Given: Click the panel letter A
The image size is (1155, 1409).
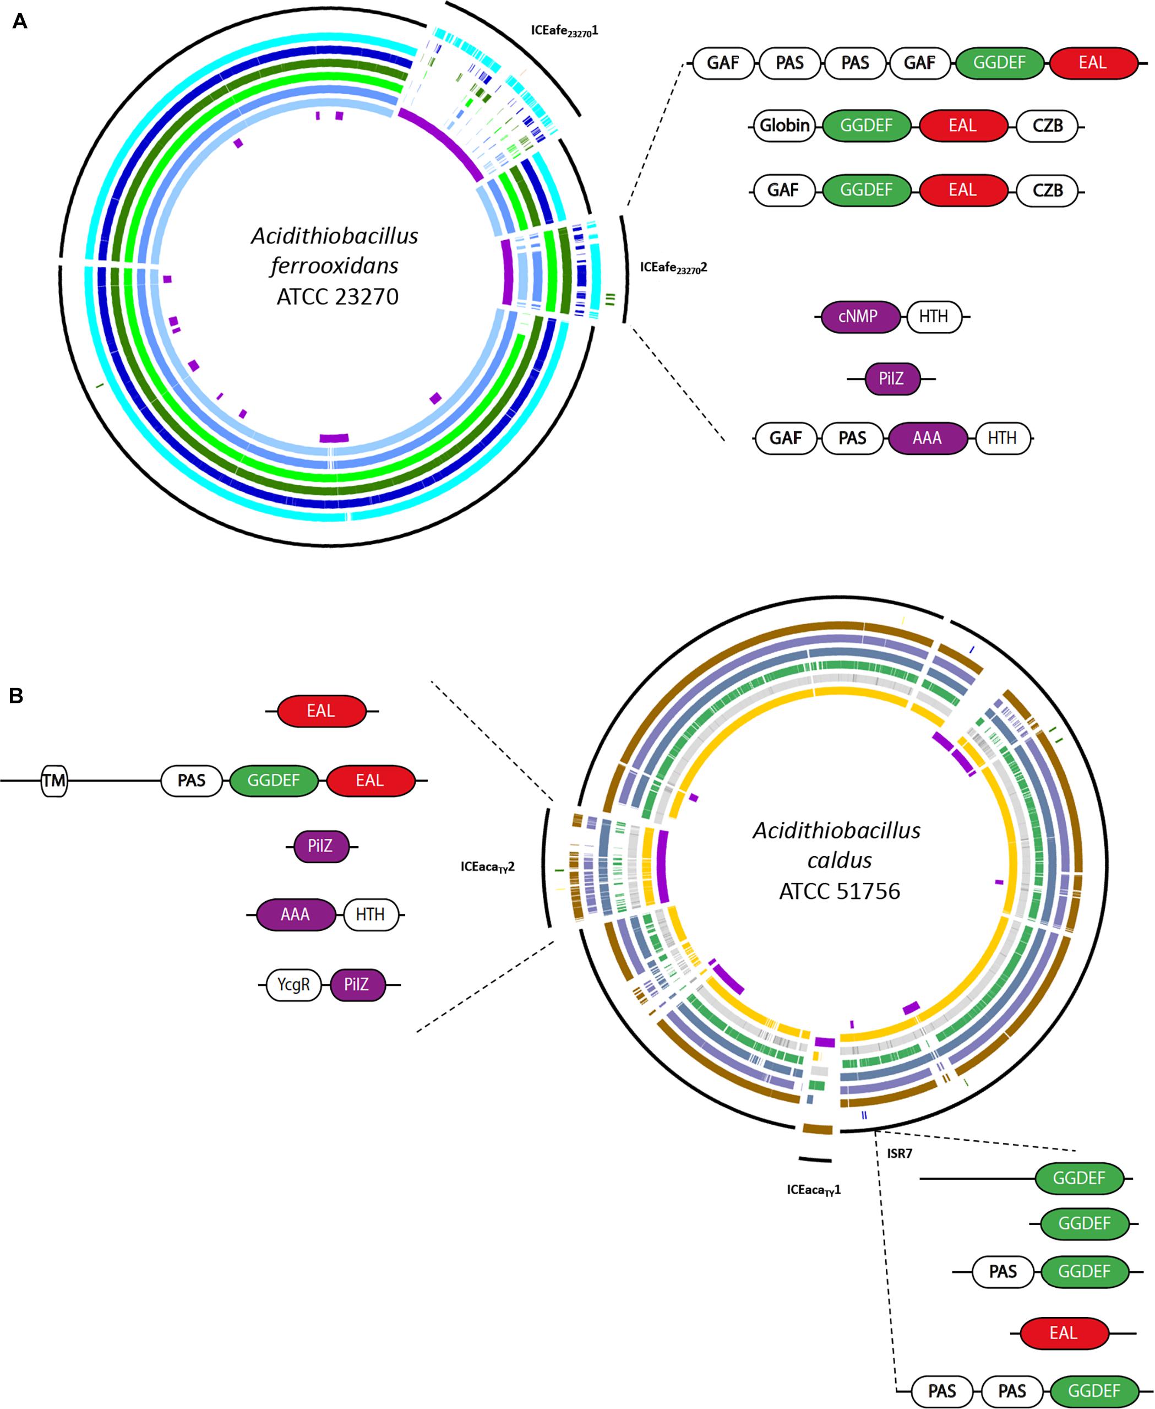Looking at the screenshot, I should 20,22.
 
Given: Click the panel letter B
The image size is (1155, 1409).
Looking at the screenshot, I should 16,696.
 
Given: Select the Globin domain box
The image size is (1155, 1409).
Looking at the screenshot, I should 784,126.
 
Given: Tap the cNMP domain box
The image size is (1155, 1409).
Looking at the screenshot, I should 858,317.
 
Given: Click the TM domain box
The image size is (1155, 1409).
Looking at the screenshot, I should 54,781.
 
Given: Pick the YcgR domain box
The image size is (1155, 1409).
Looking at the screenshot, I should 293,984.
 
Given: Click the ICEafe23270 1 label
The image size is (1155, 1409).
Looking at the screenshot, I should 564,31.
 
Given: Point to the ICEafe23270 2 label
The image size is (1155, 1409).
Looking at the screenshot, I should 673,268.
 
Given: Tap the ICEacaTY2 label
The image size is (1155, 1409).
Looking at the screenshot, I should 488,866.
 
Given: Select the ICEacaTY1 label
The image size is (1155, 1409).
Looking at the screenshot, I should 814,1189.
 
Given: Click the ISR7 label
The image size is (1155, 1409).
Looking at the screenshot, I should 900,1153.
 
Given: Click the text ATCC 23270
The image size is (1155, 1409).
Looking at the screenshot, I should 337,296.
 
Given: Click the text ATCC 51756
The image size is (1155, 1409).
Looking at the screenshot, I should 839,891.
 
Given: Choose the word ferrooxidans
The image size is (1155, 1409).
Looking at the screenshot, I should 335,266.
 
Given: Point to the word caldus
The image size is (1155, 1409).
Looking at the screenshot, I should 839,860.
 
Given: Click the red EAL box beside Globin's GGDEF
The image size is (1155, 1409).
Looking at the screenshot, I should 962,126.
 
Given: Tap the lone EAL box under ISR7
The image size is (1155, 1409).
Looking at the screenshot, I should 1063,1333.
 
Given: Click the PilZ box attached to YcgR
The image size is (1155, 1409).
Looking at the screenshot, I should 357,984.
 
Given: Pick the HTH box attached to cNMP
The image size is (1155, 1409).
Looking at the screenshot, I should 934,317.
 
